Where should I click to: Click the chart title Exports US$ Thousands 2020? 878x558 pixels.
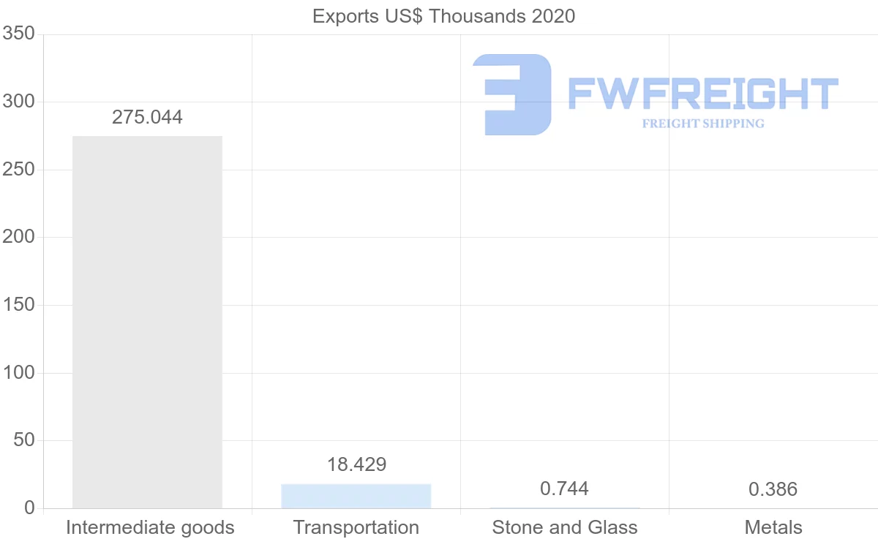443,16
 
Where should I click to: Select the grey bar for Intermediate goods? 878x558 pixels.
147,322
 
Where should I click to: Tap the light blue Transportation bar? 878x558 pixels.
356,496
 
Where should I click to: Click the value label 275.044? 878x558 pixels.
147,117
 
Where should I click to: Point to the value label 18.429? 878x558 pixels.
356,464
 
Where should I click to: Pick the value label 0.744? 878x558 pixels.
564,489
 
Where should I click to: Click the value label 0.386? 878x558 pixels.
773,489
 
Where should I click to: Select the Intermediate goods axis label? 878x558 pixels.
150,527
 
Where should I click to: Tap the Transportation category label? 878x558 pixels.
356,527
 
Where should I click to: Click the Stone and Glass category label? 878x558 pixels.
565,527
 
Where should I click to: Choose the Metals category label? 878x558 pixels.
773,527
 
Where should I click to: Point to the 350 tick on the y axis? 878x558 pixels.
18,34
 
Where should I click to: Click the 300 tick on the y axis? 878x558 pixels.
18,102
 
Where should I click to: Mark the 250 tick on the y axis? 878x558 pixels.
18,170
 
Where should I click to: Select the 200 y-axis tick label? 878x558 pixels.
18,237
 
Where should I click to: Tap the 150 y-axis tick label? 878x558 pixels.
18,305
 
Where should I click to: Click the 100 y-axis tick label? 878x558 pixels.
18,373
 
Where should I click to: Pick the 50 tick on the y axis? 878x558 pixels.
24,440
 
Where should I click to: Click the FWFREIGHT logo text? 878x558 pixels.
702,94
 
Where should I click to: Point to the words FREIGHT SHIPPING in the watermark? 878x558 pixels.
703,124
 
